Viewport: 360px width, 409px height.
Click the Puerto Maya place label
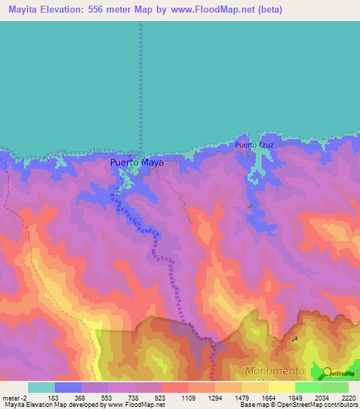[137, 163]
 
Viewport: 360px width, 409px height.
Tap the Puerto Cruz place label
[254, 145]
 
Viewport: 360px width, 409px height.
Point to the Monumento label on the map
[275, 370]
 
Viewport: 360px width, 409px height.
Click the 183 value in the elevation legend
[54, 398]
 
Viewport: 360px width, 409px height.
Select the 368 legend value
[81, 398]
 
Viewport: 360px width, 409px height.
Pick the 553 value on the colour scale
[108, 398]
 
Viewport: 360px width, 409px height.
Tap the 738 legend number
[134, 398]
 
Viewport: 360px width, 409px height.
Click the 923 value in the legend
[161, 398]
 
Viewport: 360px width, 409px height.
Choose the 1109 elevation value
[188, 398]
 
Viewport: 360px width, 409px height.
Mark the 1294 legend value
[214, 398]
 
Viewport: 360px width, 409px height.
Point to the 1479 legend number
[241, 398]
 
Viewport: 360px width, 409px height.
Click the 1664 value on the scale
[268, 398]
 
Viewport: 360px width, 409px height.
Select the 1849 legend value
[295, 398]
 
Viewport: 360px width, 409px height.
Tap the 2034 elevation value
[321, 398]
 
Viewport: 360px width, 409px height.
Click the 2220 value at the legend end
[348, 398]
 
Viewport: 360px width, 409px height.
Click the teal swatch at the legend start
[41, 387]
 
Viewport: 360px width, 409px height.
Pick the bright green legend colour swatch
[309, 387]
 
